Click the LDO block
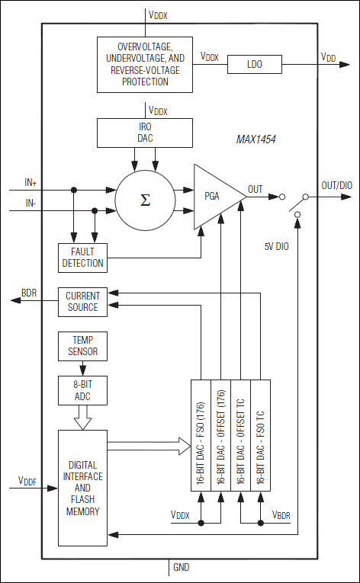(x=254, y=65)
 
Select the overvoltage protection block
(x=145, y=64)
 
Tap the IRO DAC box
(x=145, y=133)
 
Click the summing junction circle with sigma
(x=144, y=200)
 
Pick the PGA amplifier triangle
(x=215, y=196)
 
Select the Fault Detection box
(x=83, y=257)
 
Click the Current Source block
(x=82, y=302)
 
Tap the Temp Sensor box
(x=82, y=347)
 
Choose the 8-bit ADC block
(x=82, y=390)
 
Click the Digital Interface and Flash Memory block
(x=82, y=488)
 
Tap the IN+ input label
(x=31, y=182)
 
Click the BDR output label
(x=29, y=293)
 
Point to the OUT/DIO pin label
(x=336, y=185)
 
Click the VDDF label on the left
(x=27, y=481)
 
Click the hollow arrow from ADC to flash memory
(x=82, y=418)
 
